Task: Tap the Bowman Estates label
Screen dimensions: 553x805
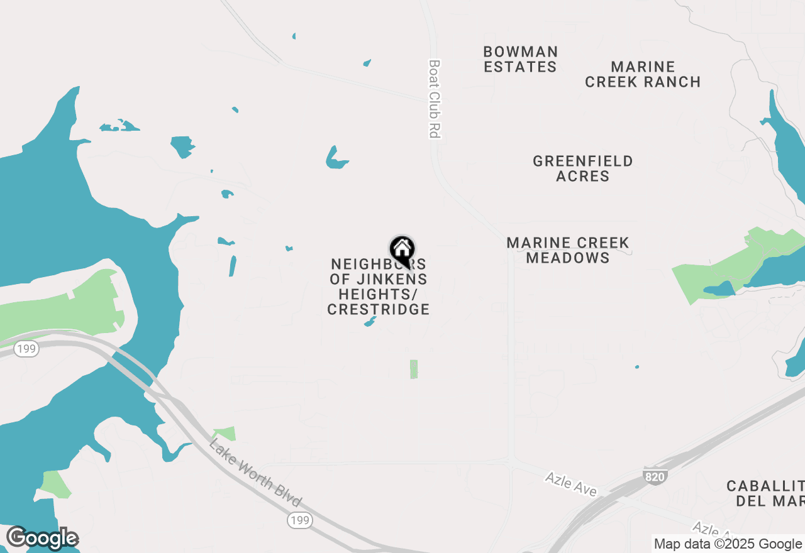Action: click(520, 59)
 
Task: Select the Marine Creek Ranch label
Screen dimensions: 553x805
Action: click(643, 74)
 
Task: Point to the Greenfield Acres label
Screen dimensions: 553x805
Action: click(583, 168)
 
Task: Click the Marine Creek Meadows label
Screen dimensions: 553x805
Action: click(568, 250)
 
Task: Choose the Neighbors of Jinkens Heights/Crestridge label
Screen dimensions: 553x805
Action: click(379, 287)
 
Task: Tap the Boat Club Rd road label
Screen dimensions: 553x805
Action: click(434, 99)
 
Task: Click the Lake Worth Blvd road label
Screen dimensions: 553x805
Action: click(255, 474)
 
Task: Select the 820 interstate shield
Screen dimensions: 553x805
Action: click(654, 477)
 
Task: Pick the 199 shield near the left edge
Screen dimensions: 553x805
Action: click(26, 349)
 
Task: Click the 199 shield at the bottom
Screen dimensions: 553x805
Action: click(300, 520)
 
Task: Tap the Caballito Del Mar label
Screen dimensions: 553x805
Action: click(765, 493)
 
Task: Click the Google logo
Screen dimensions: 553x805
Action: click(42, 539)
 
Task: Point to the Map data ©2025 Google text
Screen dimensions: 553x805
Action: click(728, 544)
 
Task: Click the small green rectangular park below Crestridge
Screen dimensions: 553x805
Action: click(414, 369)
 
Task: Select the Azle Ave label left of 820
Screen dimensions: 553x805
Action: click(570, 484)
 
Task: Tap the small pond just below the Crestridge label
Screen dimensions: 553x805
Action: click(370, 322)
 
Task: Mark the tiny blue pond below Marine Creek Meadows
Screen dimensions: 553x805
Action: click(637, 367)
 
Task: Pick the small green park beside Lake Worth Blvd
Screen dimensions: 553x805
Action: click(225, 434)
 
